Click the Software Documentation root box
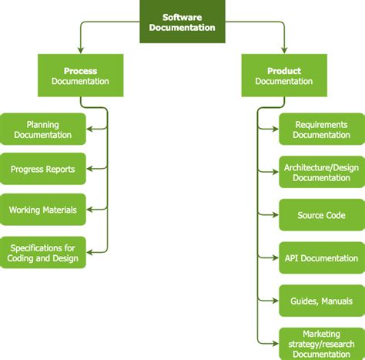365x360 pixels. click(183, 21)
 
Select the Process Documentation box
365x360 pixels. click(80, 76)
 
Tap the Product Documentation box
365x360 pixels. click(284, 76)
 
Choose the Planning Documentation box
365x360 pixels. click(42, 129)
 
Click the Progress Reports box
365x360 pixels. click(42, 168)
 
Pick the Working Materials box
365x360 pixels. click(42, 209)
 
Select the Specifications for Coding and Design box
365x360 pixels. click(42, 252)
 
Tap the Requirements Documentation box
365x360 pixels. click(321, 129)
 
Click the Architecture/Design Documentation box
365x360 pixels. click(321, 173)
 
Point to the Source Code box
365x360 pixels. click(321, 215)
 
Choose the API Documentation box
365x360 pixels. click(321, 258)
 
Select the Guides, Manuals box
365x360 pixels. click(321, 301)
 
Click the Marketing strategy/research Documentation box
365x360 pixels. click(321, 343)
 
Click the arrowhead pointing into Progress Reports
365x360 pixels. click(90, 168)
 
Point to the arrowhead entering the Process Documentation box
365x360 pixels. click(80, 50)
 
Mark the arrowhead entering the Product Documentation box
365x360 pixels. click(284, 50)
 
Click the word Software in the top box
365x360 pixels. click(183, 15)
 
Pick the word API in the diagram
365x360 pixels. click(290, 258)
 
